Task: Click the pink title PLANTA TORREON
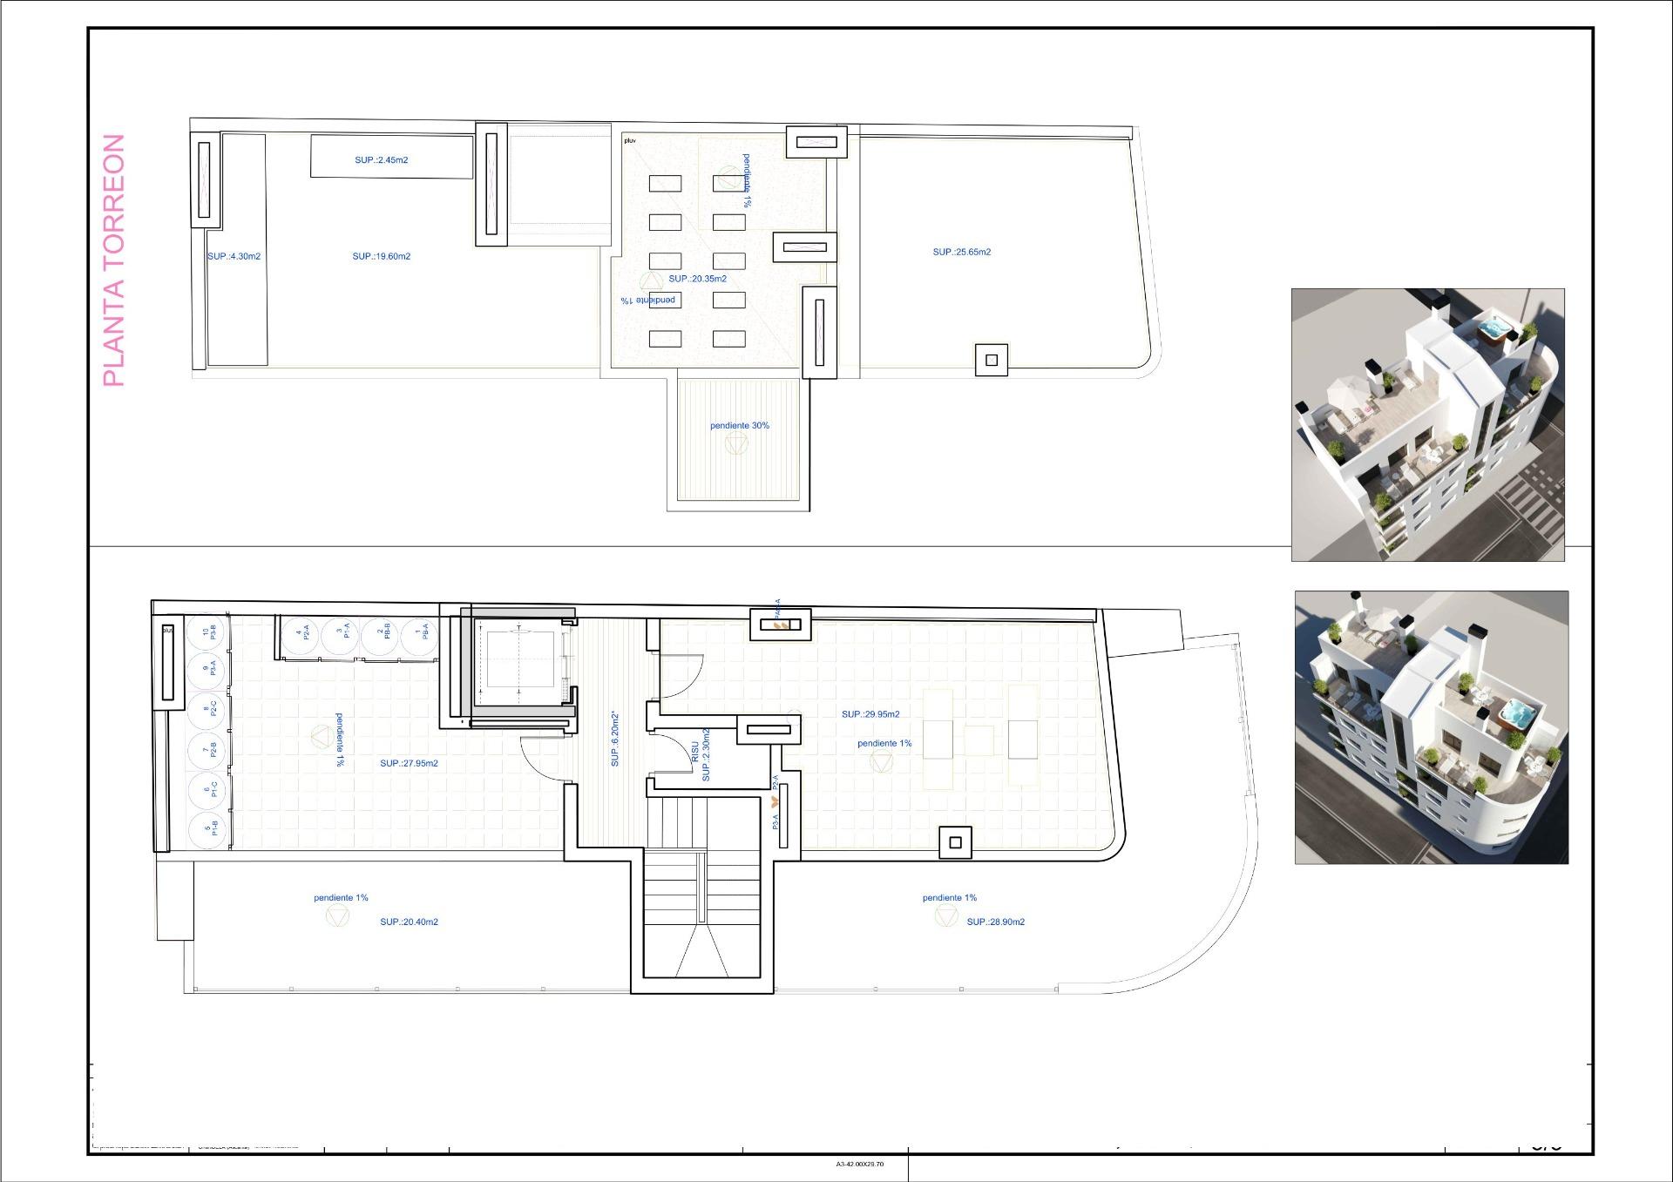pos(114,260)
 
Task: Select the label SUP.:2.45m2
pos(381,160)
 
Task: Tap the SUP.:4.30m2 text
pos(234,257)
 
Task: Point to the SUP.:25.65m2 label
pos(961,253)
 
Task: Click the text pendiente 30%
pos(739,426)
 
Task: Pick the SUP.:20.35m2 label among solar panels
pos(697,279)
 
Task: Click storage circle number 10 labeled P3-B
pos(208,633)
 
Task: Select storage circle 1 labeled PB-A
pos(420,633)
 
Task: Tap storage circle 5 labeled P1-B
pos(209,827)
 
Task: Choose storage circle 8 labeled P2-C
pos(209,710)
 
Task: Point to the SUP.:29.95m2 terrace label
pos(870,714)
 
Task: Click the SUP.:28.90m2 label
pos(995,922)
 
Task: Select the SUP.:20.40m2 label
pos(409,922)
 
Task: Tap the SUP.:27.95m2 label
pos(409,764)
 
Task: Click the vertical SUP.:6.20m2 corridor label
pos(615,739)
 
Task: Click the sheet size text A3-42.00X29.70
pos(859,1164)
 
